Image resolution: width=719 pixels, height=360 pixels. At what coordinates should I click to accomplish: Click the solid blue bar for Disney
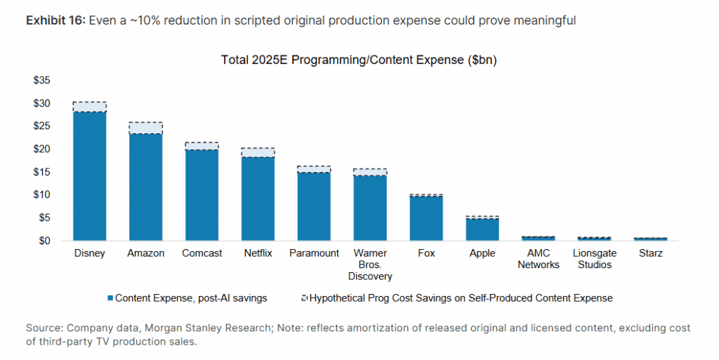(89, 175)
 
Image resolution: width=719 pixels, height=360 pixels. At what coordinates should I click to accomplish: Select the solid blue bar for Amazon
(145, 187)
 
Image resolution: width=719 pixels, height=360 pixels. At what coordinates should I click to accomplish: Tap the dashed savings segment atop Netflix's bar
(258, 152)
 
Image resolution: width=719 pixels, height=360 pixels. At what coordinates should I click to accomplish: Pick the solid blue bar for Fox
(426, 218)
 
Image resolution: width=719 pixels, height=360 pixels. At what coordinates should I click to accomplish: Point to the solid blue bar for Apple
(482, 229)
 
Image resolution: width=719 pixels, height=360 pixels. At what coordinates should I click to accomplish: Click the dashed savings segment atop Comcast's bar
(202, 146)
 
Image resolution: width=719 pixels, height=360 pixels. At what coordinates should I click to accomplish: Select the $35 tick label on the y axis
(42, 81)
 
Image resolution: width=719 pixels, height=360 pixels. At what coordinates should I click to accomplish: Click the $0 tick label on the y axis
(44, 241)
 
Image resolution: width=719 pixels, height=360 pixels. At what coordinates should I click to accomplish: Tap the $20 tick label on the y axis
(42, 149)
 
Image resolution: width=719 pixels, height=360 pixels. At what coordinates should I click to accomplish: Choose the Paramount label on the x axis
(314, 253)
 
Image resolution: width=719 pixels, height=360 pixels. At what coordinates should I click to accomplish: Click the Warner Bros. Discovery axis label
(370, 265)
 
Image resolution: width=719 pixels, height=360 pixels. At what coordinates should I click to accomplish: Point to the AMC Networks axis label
(539, 259)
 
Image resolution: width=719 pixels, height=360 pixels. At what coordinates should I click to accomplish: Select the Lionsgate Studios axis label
(595, 259)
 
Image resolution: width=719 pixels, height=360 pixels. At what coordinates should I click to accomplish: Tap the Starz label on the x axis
(651, 253)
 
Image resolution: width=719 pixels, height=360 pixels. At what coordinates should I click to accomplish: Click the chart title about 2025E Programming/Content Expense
(359, 60)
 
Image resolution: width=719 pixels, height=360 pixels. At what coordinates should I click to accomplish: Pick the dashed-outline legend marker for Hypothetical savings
(304, 298)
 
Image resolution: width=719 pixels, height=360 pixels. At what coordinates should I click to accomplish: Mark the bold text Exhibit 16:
(55, 20)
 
